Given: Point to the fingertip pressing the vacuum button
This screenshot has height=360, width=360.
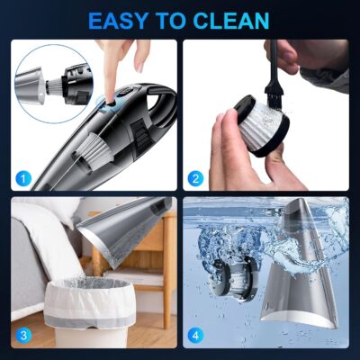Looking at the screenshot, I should point(114,90).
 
